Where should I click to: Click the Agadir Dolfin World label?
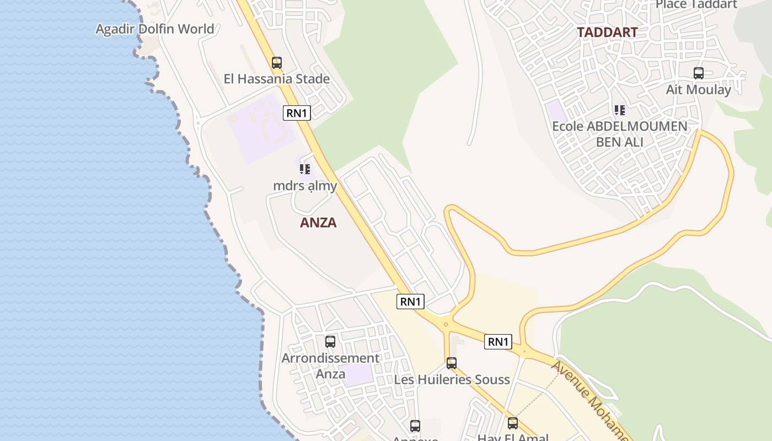coord(155,29)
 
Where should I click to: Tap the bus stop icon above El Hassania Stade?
coord(277,63)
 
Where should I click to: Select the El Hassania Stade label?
coord(277,79)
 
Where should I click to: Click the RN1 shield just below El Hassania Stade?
coord(297,113)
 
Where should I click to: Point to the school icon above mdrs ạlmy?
coord(305,169)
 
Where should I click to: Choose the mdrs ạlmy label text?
coord(305,186)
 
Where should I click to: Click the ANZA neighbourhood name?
coord(318,223)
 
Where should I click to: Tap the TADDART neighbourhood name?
coord(607,32)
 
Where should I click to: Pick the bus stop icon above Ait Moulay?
coord(699,73)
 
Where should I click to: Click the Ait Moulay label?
coord(699,89)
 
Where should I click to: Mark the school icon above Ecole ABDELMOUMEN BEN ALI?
coord(620,110)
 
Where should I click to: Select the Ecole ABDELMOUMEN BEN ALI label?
coord(620,134)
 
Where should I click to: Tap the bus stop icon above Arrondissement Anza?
coord(330,342)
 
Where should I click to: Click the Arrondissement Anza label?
coord(330,365)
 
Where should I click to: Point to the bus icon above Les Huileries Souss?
coord(452,363)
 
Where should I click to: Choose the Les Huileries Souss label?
coord(452,380)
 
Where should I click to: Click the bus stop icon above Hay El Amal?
coord(513,423)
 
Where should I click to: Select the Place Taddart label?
coord(696,5)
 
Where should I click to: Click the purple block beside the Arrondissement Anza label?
coord(356,375)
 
